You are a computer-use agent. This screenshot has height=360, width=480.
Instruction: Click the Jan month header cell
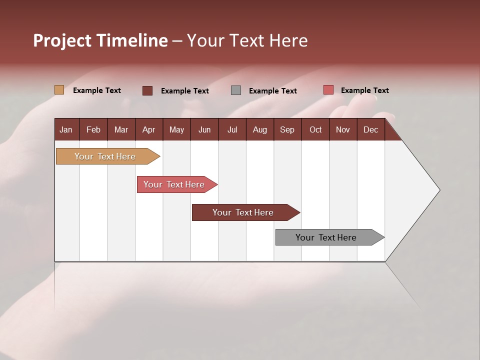[66, 129]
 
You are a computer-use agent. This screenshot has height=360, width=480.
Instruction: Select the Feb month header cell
[93, 129]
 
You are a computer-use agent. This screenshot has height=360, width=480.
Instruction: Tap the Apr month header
[149, 129]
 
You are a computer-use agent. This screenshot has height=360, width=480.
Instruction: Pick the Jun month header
[204, 129]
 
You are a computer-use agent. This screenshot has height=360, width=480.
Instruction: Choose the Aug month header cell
[260, 129]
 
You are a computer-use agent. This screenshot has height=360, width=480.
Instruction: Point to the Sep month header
[287, 129]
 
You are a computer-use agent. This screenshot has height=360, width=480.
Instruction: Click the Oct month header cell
[315, 129]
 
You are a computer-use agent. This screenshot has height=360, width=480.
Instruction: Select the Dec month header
[371, 129]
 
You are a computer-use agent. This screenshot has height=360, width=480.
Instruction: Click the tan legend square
[59, 90]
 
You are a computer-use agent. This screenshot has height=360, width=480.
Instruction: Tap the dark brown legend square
[147, 90]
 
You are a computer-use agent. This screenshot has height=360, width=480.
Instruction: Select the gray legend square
[236, 90]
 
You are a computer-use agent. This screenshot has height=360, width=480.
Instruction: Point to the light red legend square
[328, 90]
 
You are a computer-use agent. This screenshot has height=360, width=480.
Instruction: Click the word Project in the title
[62, 40]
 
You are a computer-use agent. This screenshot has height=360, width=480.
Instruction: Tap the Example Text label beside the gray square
[273, 91]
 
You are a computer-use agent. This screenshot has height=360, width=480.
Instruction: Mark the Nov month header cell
[343, 129]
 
